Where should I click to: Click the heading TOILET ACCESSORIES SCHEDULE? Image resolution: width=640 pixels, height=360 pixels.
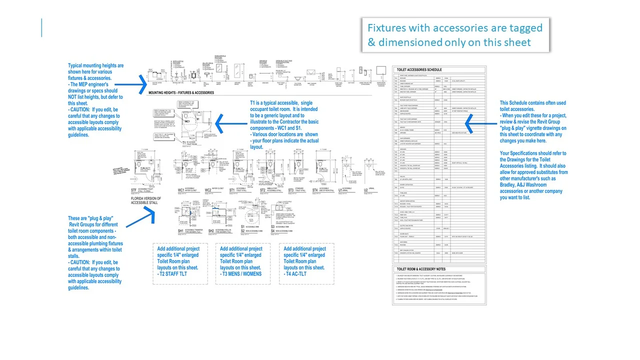pos(418,70)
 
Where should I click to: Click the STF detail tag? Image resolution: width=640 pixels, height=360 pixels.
pos(134,190)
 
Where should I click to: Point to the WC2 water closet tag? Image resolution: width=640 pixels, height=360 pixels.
pos(208,190)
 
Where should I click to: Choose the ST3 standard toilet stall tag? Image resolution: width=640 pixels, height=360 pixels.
pos(291,190)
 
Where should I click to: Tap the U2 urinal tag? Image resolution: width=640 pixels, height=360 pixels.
pos(365,190)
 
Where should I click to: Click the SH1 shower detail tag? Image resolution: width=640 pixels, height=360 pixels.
pos(181,231)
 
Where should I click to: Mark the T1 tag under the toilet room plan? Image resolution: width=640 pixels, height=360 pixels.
pos(184,142)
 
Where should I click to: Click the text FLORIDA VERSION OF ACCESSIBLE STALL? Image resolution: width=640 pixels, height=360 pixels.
pos(146,201)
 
